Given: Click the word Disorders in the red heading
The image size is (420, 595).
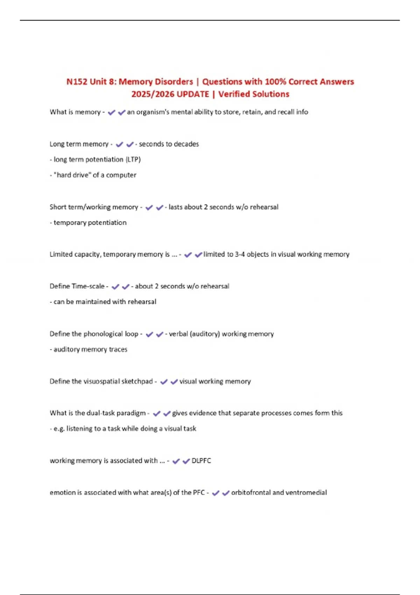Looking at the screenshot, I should click(x=174, y=82).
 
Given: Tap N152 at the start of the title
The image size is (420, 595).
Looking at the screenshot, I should click(x=77, y=82).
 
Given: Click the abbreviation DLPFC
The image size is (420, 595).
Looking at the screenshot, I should click(x=201, y=461).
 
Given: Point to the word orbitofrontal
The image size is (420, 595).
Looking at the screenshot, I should click(x=251, y=492).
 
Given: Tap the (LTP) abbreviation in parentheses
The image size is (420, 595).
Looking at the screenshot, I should click(x=133, y=160).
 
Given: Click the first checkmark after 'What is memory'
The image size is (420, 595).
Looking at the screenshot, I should click(x=112, y=112).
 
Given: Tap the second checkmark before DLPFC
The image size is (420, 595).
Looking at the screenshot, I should click(x=186, y=461).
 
